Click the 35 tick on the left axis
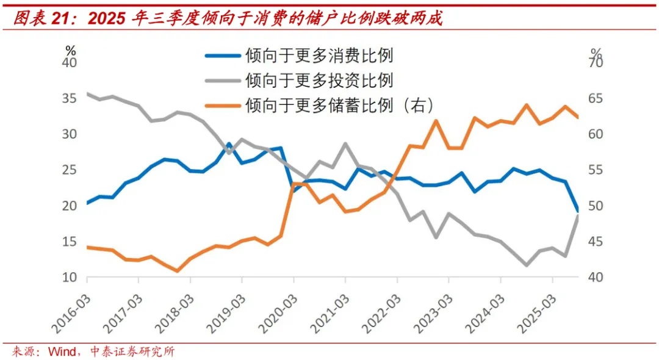click(71, 98)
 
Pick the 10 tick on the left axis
click(71, 277)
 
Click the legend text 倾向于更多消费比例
click(319, 56)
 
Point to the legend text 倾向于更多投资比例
click(319, 80)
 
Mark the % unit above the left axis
click(71, 50)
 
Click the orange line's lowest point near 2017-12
click(177, 270)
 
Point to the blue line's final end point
click(578, 211)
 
